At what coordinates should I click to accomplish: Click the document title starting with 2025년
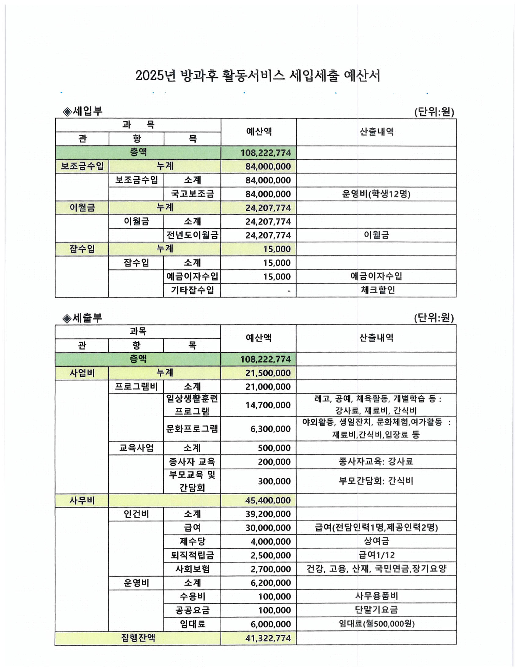point(258,76)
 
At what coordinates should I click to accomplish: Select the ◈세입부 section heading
point(82,111)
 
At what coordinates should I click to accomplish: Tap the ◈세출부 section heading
point(82,318)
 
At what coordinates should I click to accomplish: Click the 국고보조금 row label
point(192,194)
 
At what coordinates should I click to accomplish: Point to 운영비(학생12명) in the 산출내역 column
point(376,194)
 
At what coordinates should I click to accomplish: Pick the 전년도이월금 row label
point(192,235)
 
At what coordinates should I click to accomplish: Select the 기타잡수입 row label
point(192,290)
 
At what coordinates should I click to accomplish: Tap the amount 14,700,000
point(268,405)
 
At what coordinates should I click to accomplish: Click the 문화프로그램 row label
point(192,429)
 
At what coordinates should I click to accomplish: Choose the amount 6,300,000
point(270,429)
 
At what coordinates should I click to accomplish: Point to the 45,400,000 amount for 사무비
point(268,501)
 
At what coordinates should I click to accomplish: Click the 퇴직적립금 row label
point(192,555)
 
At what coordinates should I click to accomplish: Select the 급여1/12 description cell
point(376,555)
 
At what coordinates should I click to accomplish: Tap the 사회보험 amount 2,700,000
point(270,569)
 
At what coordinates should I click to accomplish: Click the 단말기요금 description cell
point(376,610)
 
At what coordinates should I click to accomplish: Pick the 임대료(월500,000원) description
point(376,624)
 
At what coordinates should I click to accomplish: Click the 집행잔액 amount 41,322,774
point(268,638)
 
